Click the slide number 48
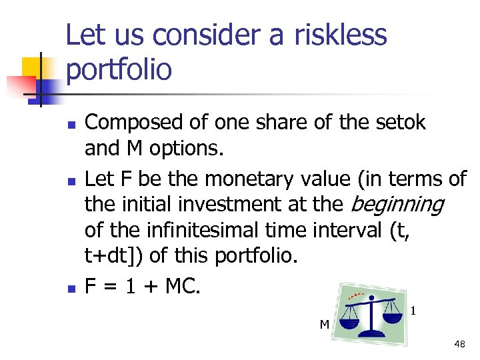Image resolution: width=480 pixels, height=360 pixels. pyautogui.click(x=459, y=344)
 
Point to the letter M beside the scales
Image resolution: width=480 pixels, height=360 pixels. pyautogui.click(x=324, y=325)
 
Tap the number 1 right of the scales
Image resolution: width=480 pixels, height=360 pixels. pyautogui.click(x=414, y=310)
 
